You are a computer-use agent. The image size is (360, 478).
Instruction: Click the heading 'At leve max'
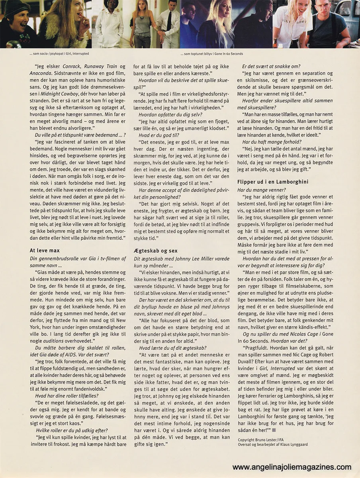click(45, 250)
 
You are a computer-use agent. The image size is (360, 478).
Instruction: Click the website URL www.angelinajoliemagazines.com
click(292, 467)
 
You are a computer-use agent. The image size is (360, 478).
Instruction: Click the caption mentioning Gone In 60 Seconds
click(211, 54)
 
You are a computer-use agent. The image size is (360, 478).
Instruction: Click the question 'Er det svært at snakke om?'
click(271, 67)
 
